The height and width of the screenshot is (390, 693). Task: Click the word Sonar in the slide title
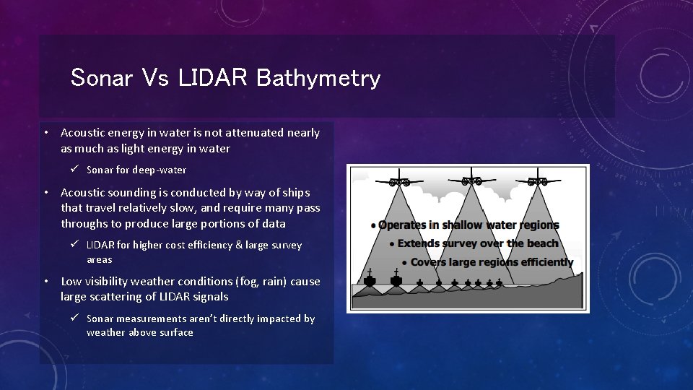[102, 77]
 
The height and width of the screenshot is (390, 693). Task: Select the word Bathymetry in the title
[318, 77]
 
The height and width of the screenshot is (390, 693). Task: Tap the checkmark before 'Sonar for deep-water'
[74, 170]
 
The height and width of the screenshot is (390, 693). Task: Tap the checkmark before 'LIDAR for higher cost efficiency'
[74, 245]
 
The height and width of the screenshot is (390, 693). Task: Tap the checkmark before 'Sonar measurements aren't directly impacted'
[74, 318]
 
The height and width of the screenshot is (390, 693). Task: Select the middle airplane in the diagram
[471, 178]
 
